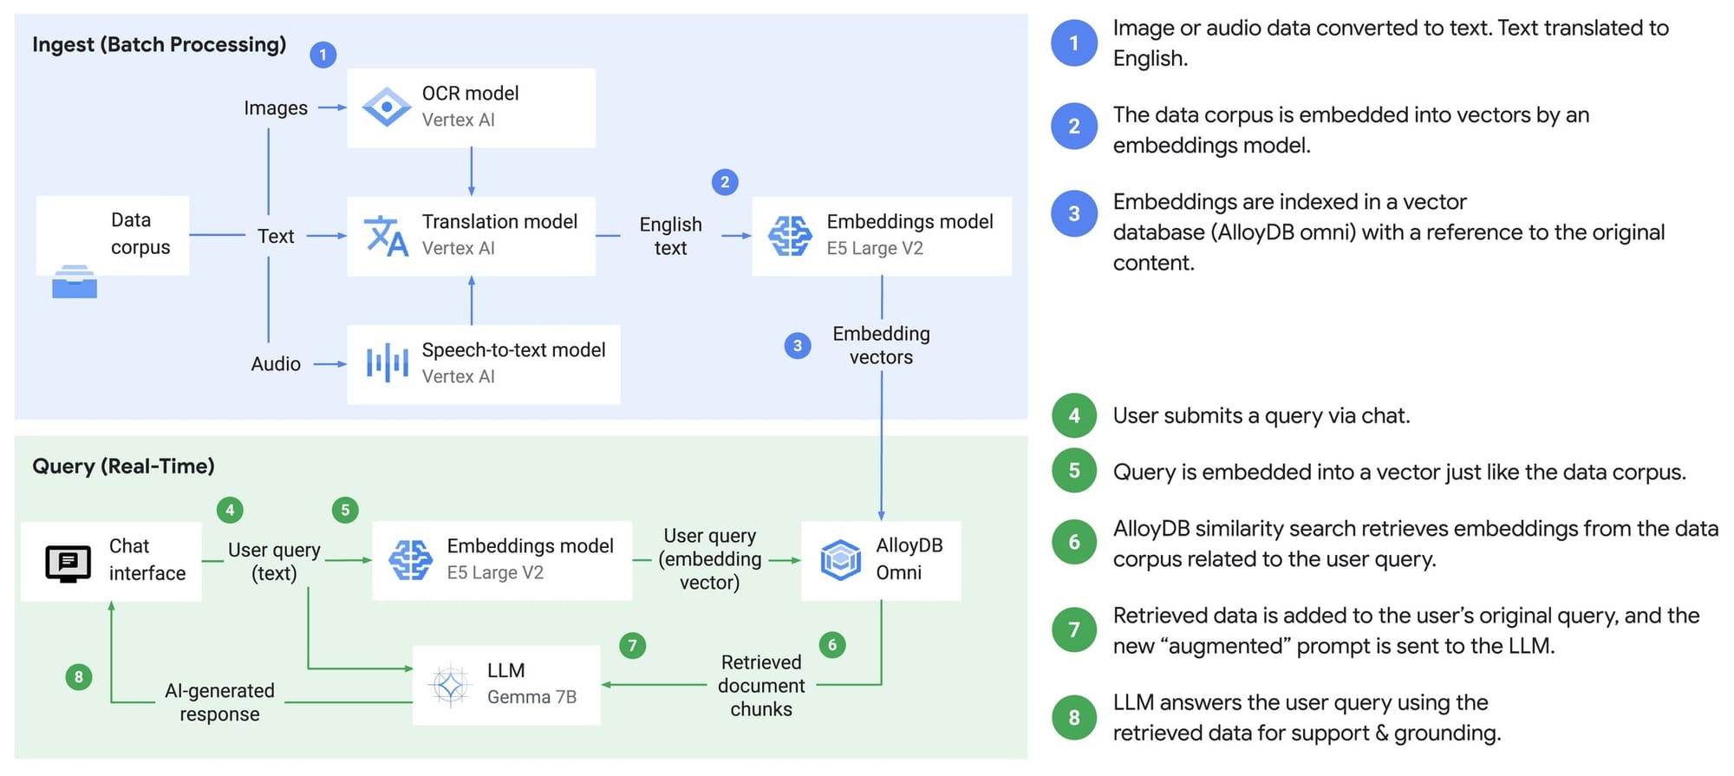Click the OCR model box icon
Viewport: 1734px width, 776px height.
(386, 108)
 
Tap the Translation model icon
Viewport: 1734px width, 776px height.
(386, 236)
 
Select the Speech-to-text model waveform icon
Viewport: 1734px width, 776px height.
(387, 363)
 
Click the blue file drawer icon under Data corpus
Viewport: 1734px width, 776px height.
(75, 282)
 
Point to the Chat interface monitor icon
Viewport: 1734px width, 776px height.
(68, 564)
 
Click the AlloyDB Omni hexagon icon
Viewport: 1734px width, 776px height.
(840, 560)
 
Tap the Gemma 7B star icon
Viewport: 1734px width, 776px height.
(450, 686)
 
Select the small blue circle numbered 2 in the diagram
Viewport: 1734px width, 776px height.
(725, 182)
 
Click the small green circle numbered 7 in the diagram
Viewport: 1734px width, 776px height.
(632, 645)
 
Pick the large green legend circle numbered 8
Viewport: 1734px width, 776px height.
(1074, 717)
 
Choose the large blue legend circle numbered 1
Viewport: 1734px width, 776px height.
(1074, 42)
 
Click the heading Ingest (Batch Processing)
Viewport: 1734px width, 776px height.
(159, 44)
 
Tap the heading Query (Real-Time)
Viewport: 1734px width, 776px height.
(123, 466)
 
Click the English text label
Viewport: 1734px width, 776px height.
(670, 236)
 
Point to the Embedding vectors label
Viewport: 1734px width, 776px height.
(881, 345)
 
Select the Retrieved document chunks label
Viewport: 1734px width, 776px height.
(761, 685)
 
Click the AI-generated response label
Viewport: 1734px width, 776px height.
(219, 702)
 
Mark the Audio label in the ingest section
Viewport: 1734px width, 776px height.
(276, 364)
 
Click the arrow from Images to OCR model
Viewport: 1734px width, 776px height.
(332, 108)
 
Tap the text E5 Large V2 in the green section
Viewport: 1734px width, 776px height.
(495, 572)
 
